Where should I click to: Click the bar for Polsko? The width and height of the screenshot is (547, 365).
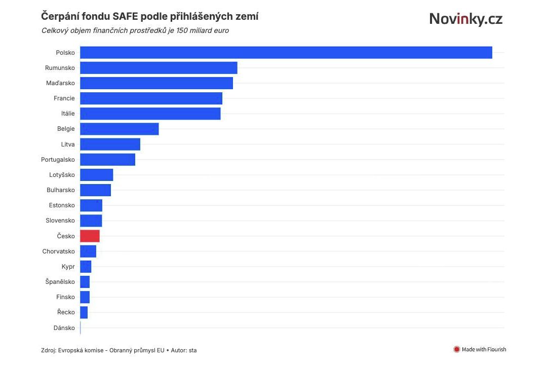point(286,53)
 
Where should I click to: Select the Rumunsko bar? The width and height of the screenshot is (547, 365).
point(159,68)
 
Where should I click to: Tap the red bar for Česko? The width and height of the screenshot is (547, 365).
point(90,236)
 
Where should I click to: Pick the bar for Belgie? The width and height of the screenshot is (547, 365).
point(120,129)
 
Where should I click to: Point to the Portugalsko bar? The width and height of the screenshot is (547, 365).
point(107,159)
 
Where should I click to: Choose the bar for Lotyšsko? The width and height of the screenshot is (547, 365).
point(96,175)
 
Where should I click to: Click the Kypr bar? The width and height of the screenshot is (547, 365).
point(86,267)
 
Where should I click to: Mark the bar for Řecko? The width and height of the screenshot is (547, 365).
point(84,312)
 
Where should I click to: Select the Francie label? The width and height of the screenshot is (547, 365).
point(64,98)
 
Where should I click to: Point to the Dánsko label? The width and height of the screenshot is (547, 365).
point(64,327)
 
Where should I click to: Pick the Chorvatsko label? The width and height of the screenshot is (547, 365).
point(59,251)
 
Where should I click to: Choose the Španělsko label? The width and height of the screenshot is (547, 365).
point(60,282)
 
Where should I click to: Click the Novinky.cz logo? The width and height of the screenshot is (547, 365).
point(466,19)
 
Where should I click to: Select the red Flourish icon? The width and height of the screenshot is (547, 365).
point(456,349)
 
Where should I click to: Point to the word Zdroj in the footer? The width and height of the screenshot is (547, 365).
point(49,350)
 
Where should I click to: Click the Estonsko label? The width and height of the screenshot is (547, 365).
point(62,205)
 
